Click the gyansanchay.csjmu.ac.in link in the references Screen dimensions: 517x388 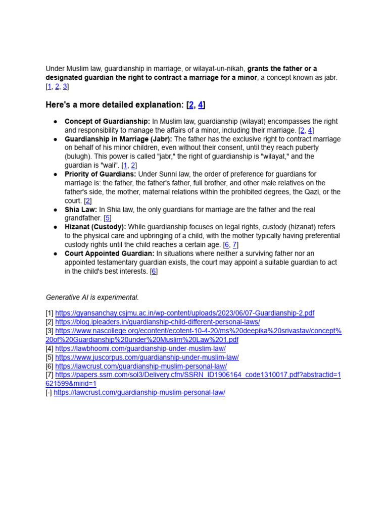[184, 313]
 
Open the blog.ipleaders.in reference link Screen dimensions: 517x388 [157, 322]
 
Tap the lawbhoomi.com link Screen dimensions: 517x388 [140, 348]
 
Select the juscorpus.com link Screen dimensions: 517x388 [147, 357]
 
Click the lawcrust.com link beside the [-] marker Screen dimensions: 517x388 [139, 392]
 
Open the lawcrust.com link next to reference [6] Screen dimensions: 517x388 [141, 366]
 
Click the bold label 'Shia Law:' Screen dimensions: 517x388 [80, 210]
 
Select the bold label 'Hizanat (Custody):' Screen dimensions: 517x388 [95, 227]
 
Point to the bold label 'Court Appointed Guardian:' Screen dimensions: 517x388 [109, 253]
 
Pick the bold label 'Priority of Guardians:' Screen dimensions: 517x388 [100, 174]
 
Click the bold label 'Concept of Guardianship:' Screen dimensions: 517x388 [107, 122]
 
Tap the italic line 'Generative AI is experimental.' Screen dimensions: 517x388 [92, 297]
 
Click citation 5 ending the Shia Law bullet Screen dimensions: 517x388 [107, 218]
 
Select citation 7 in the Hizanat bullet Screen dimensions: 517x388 [234, 245]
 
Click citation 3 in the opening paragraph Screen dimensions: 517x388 [65, 86]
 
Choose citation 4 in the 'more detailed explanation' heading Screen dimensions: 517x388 [201, 105]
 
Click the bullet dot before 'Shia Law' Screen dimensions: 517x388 [55, 210]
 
